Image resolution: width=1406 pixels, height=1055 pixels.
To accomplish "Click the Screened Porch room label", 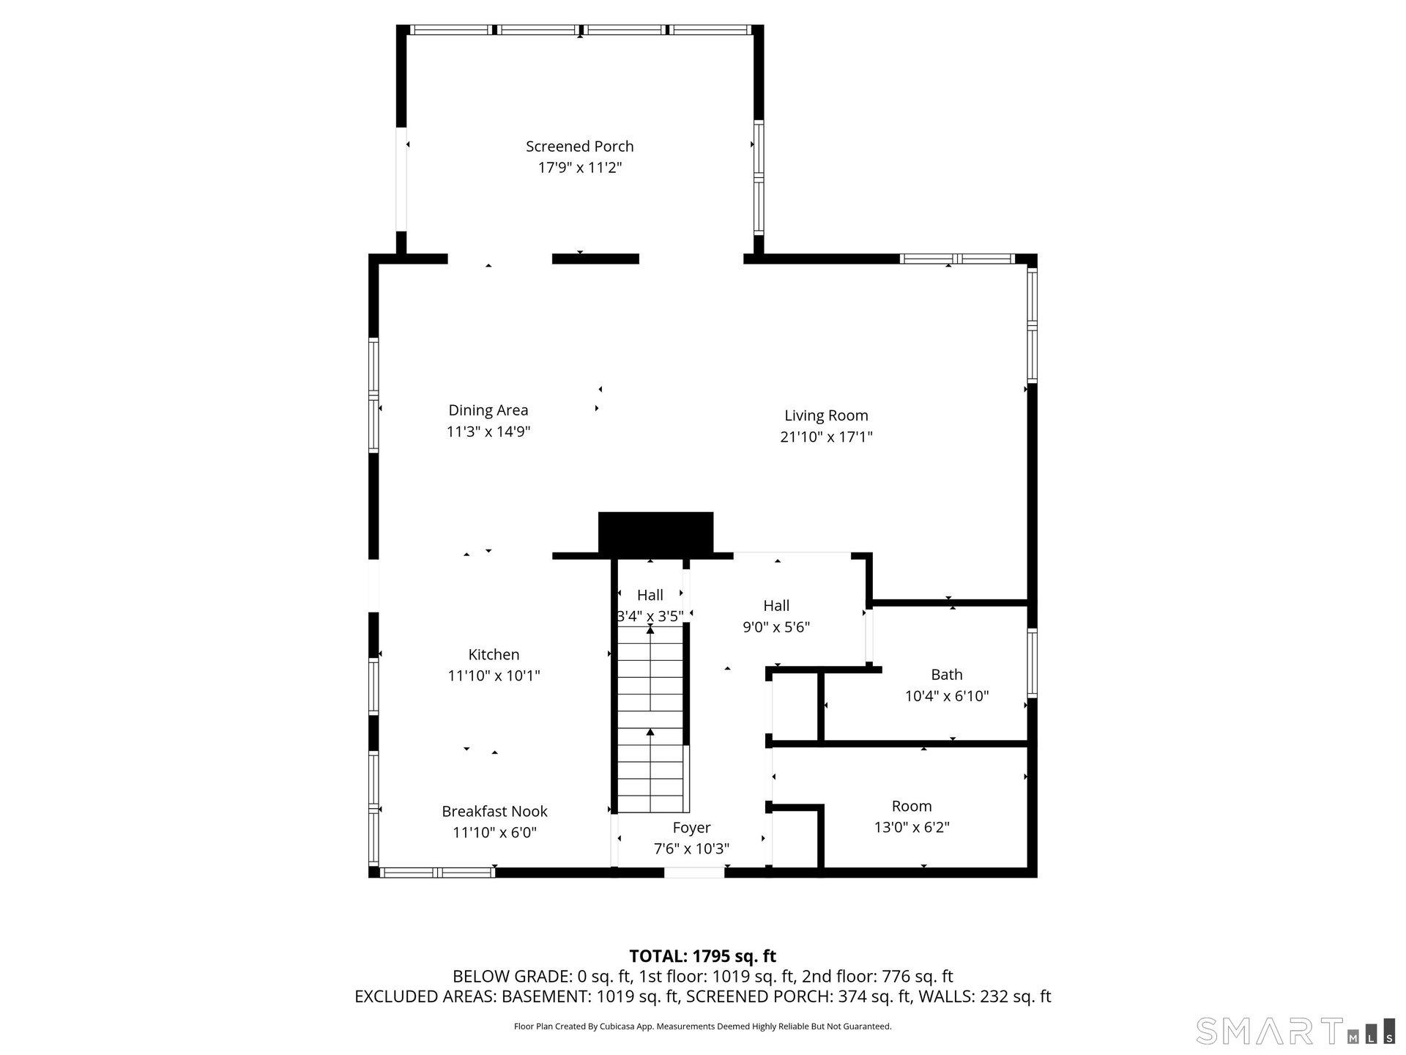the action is click(x=579, y=147).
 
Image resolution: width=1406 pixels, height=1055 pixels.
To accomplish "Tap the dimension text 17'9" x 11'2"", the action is click(x=579, y=168).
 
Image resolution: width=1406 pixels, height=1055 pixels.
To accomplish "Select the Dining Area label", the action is click(x=488, y=410).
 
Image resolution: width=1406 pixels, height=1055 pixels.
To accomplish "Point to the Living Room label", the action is click(x=826, y=415).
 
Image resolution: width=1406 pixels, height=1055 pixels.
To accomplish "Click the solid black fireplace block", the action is click(x=655, y=533).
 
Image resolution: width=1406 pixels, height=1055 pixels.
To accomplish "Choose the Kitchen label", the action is click(x=494, y=654).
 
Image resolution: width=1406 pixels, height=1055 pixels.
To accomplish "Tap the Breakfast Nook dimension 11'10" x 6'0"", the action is click(x=494, y=832).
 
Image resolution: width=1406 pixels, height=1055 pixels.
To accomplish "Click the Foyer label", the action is click(x=692, y=828).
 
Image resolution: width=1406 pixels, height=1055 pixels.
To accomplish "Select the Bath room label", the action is click(x=947, y=675).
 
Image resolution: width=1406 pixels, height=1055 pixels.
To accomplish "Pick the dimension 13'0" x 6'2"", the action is click(x=912, y=827).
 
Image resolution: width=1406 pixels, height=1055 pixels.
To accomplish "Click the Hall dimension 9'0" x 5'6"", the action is click(x=776, y=627).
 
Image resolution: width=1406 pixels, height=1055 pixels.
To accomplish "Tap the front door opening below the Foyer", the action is click(x=694, y=873).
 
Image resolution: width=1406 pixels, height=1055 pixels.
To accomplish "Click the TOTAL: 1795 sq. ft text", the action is click(x=703, y=956).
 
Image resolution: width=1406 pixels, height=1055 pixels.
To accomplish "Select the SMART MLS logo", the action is click(x=1295, y=1031).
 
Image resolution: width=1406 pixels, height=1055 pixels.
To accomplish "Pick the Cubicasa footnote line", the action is click(x=703, y=1026).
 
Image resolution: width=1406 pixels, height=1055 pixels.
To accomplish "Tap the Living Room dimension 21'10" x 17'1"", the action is click(x=826, y=437).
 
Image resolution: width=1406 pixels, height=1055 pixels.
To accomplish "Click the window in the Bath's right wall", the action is click(x=1033, y=662).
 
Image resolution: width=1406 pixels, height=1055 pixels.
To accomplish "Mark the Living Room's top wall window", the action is click(x=957, y=259).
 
